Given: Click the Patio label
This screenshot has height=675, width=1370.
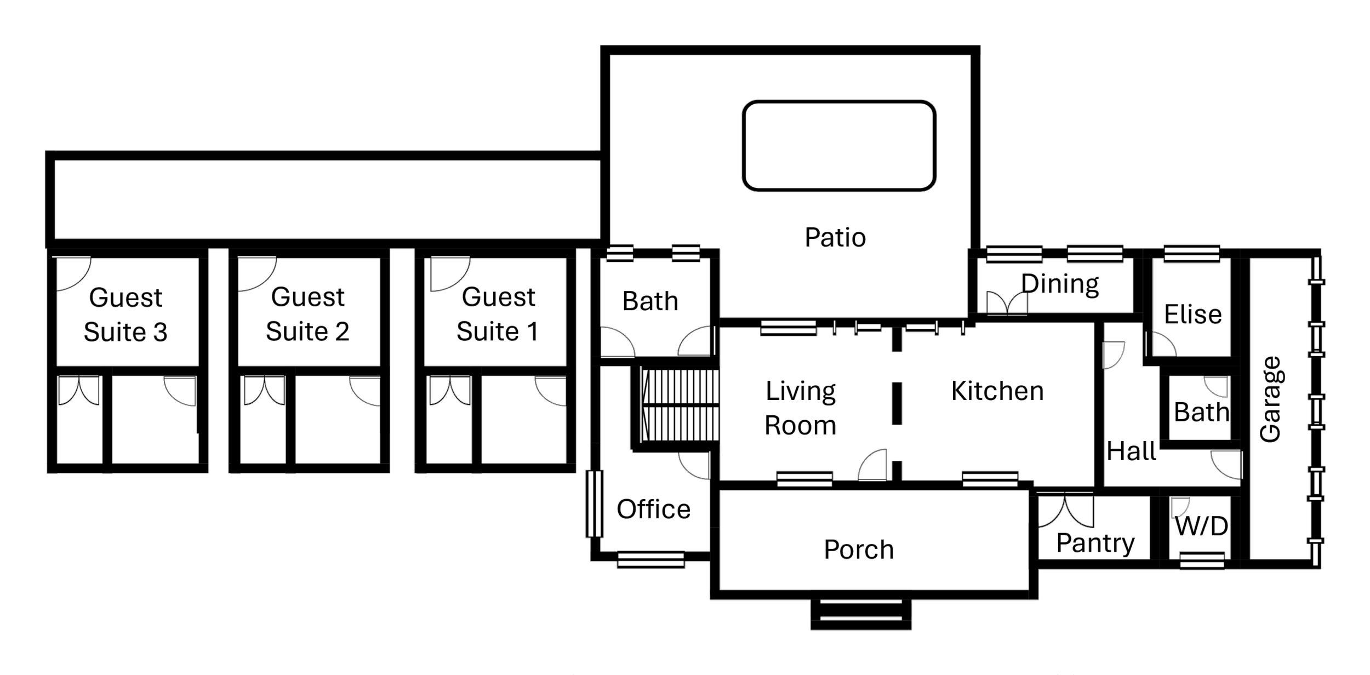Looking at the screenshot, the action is click(835, 237).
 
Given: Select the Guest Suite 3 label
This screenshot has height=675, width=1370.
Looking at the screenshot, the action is click(125, 315).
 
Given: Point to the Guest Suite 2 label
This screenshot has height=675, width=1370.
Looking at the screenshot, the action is click(307, 314).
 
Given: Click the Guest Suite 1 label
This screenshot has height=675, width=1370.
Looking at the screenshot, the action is click(498, 314).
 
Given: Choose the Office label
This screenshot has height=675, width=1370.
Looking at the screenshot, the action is click(653, 510).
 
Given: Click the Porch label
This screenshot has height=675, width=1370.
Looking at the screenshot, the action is click(859, 550).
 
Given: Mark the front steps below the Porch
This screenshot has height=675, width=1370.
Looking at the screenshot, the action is click(861, 614).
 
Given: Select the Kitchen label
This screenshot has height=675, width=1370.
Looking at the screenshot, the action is click(997, 391).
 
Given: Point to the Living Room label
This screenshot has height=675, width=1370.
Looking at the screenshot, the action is click(800, 408).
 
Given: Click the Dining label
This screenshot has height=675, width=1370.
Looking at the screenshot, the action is click(1060, 284).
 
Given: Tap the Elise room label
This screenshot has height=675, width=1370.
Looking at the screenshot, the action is click(1193, 314).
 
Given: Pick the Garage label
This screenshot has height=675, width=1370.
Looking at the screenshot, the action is click(1270, 399).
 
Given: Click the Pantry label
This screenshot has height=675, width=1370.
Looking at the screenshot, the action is click(1095, 544).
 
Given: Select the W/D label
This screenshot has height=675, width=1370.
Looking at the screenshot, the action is click(1201, 527).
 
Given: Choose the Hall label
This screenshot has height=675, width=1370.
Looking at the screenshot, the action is click(1131, 451).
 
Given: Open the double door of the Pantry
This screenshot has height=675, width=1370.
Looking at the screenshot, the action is click(1065, 510).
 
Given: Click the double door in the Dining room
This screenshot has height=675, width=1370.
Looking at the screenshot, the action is click(1007, 302).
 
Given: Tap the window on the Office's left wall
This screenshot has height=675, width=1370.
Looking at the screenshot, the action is click(594, 504).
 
